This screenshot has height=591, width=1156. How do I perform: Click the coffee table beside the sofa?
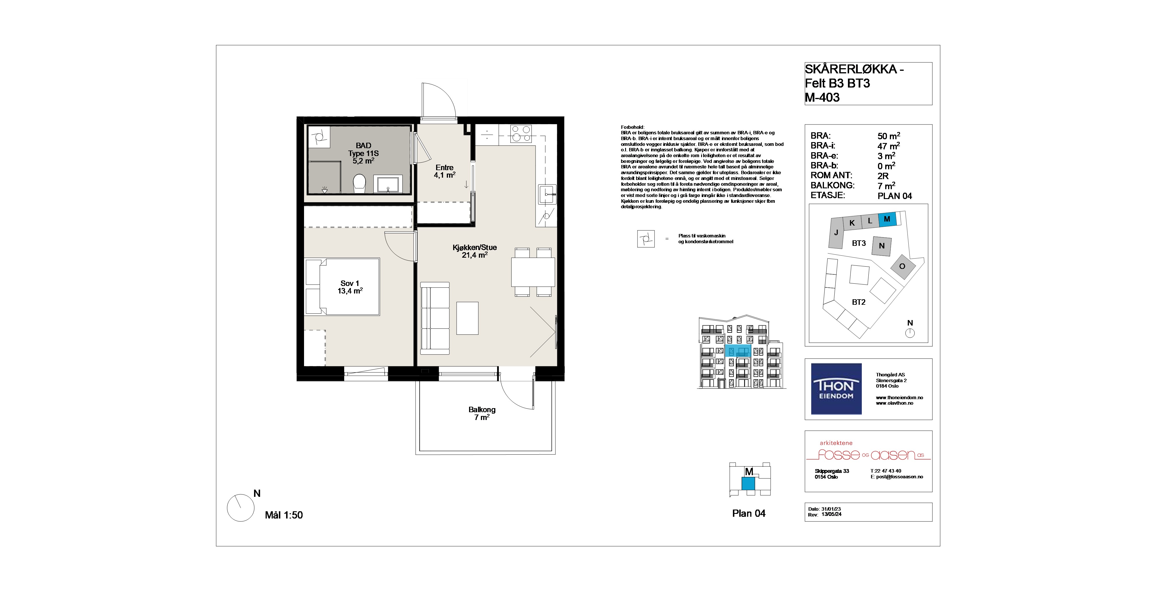[x=467, y=318]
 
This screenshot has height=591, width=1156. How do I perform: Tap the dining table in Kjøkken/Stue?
[x=533, y=272]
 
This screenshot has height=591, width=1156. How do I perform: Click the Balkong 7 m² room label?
[x=482, y=413]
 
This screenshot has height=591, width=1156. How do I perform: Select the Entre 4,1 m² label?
[x=444, y=171]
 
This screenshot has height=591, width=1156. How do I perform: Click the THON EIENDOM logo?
[x=836, y=389]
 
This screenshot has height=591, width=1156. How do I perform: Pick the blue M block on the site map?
[x=887, y=219]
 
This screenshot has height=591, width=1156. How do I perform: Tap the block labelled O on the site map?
[x=902, y=266]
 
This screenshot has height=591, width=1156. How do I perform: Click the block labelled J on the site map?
[x=835, y=233]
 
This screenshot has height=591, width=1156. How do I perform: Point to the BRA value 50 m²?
[x=889, y=136]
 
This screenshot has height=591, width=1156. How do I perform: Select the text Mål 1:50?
[x=284, y=515]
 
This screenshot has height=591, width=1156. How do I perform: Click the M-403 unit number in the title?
[x=822, y=97]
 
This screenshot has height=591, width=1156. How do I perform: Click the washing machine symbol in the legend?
[x=646, y=239]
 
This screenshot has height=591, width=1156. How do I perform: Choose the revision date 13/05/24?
[x=831, y=515]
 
